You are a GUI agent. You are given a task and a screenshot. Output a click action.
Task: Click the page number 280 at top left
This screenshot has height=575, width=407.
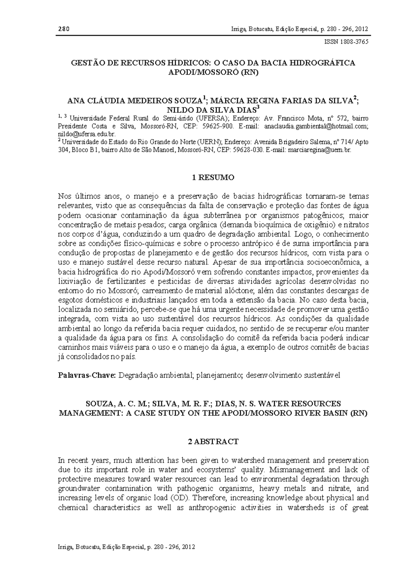click(63, 29)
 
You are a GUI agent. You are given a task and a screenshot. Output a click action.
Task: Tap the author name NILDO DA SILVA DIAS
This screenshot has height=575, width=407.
click(211, 109)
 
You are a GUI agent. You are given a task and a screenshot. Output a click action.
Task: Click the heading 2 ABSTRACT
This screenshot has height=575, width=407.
click(213, 442)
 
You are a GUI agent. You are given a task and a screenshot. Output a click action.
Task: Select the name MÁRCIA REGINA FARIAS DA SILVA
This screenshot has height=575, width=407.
click(283, 101)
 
